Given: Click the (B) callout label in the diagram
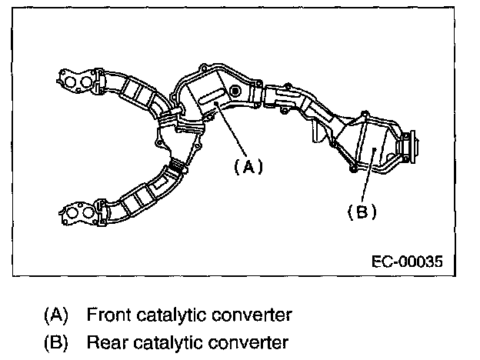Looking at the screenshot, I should (362, 212).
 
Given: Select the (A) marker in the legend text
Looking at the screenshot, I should (55, 315).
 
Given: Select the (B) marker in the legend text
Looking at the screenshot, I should (55, 341).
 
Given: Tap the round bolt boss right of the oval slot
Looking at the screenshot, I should (235, 92).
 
